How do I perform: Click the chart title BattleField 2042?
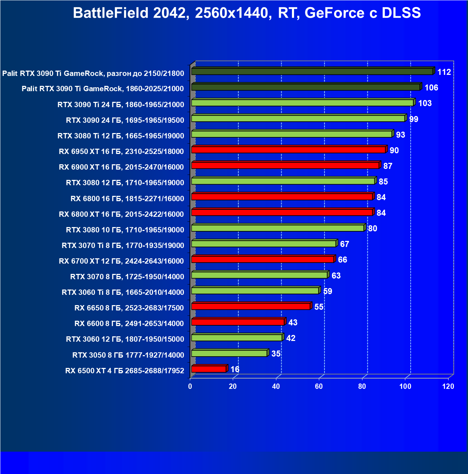(247, 13)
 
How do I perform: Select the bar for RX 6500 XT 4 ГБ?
(209, 369)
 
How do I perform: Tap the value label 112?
(444, 72)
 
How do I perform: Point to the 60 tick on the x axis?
(319, 386)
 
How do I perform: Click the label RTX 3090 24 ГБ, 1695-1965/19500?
(125, 120)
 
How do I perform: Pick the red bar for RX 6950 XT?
(288, 150)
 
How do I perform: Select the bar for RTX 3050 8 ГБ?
(229, 353)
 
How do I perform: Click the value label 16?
(235, 369)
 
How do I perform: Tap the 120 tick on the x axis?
(448, 386)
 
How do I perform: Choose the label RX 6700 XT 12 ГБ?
(122, 261)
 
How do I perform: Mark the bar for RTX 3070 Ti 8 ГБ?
(264, 244)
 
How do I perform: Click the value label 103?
(425, 103)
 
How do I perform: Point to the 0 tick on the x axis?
(190, 386)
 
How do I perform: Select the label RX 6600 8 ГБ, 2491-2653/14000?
(129, 324)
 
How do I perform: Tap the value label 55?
(319, 307)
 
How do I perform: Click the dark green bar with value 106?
(305, 87)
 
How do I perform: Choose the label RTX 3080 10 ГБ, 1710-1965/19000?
(125, 230)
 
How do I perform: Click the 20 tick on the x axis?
(233, 386)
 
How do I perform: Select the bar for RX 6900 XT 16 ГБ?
(285, 165)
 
